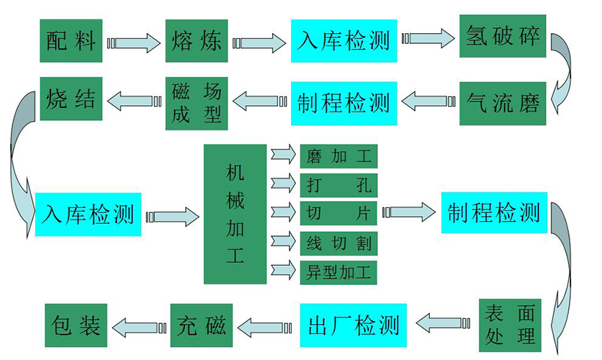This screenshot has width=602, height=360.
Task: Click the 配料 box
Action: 71,41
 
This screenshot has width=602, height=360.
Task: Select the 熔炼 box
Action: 197,41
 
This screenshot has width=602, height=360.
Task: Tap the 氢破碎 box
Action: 503,36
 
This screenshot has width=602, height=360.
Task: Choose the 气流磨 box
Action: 503,103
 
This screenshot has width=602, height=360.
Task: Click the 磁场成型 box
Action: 197,103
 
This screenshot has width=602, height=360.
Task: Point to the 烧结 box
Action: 71,99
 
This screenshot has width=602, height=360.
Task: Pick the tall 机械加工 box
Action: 235,214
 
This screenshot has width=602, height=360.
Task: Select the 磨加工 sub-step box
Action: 338,156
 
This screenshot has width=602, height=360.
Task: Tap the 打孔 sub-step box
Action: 338,185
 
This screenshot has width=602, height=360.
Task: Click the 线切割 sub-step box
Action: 338,243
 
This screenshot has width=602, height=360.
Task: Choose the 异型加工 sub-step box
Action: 338,272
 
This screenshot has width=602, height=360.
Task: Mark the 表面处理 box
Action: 510,325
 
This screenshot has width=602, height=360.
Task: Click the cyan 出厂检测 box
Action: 354,325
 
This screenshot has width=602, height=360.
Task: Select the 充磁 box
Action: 202,325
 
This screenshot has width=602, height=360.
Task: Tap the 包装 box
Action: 76,325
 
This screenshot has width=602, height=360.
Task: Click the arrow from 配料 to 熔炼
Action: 134,43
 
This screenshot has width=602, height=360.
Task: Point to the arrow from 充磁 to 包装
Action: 139,328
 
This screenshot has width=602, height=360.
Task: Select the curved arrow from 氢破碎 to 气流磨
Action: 562,73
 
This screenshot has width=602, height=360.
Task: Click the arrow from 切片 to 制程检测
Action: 409,212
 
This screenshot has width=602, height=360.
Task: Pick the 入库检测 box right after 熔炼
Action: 344,41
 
